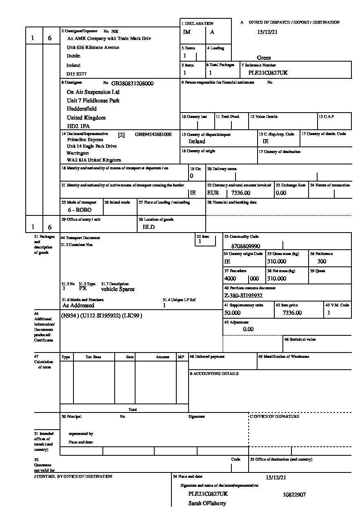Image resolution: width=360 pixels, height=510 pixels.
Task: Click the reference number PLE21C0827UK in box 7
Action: click(268, 73)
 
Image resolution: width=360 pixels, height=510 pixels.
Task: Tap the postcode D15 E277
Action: click(76, 74)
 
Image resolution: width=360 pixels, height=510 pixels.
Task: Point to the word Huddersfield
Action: click(82, 109)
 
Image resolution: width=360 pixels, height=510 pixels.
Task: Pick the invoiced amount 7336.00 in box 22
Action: click(241, 193)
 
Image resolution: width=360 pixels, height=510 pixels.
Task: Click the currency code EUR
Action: click(213, 193)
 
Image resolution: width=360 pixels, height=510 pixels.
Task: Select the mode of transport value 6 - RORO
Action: click(80, 210)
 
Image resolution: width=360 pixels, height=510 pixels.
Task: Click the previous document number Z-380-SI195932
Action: click(243, 296)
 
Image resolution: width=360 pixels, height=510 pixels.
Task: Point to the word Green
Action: click(264, 58)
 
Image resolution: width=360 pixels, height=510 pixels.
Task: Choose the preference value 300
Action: click(322, 262)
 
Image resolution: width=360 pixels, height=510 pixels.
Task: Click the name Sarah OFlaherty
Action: click(207, 503)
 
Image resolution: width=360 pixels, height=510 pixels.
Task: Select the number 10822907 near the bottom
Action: click(294, 494)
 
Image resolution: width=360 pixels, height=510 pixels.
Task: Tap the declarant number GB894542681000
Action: click(153, 134)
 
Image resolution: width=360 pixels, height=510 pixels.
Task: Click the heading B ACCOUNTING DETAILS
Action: click(214, 374)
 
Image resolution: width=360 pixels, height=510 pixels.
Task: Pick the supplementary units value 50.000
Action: click(232, 313)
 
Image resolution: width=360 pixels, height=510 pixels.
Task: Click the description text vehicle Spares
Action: click(118, 289)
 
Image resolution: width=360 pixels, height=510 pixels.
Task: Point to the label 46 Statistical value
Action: click(300, 339)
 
